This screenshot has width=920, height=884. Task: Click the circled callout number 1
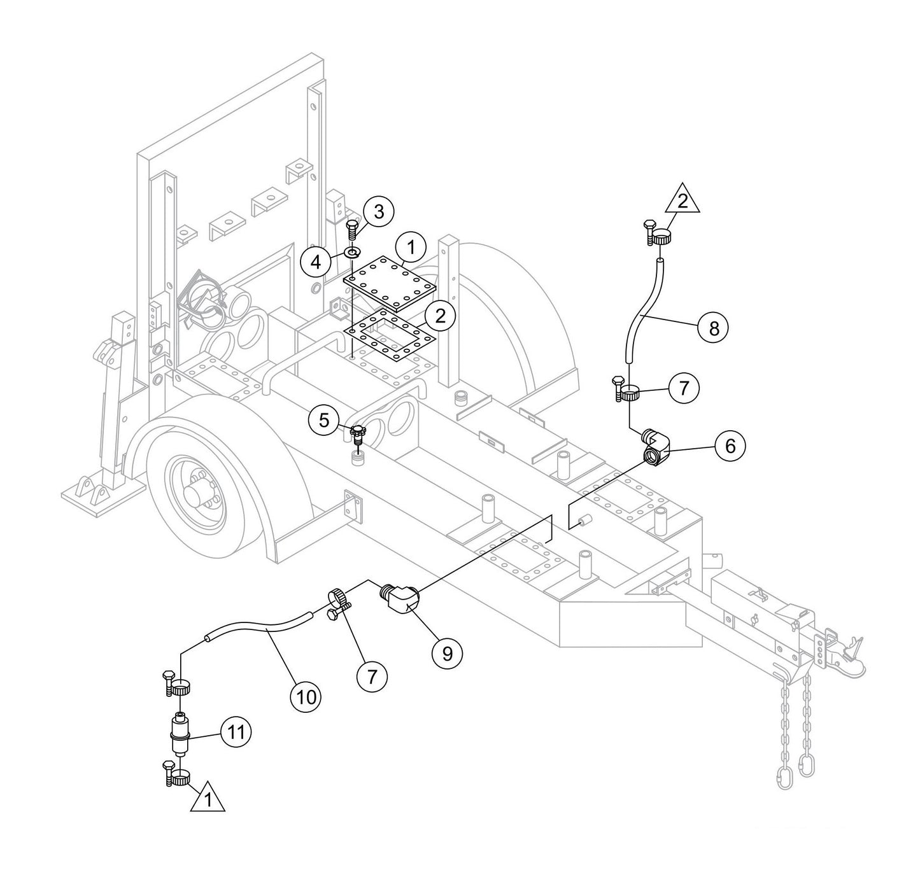tap(411, 248)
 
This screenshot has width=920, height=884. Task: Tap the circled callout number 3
tap(379, 212)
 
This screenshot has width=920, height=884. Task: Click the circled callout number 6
tap(730, 446)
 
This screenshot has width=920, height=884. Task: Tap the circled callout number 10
tap(306, 697)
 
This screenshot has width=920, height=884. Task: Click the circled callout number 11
tap(236, 733)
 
